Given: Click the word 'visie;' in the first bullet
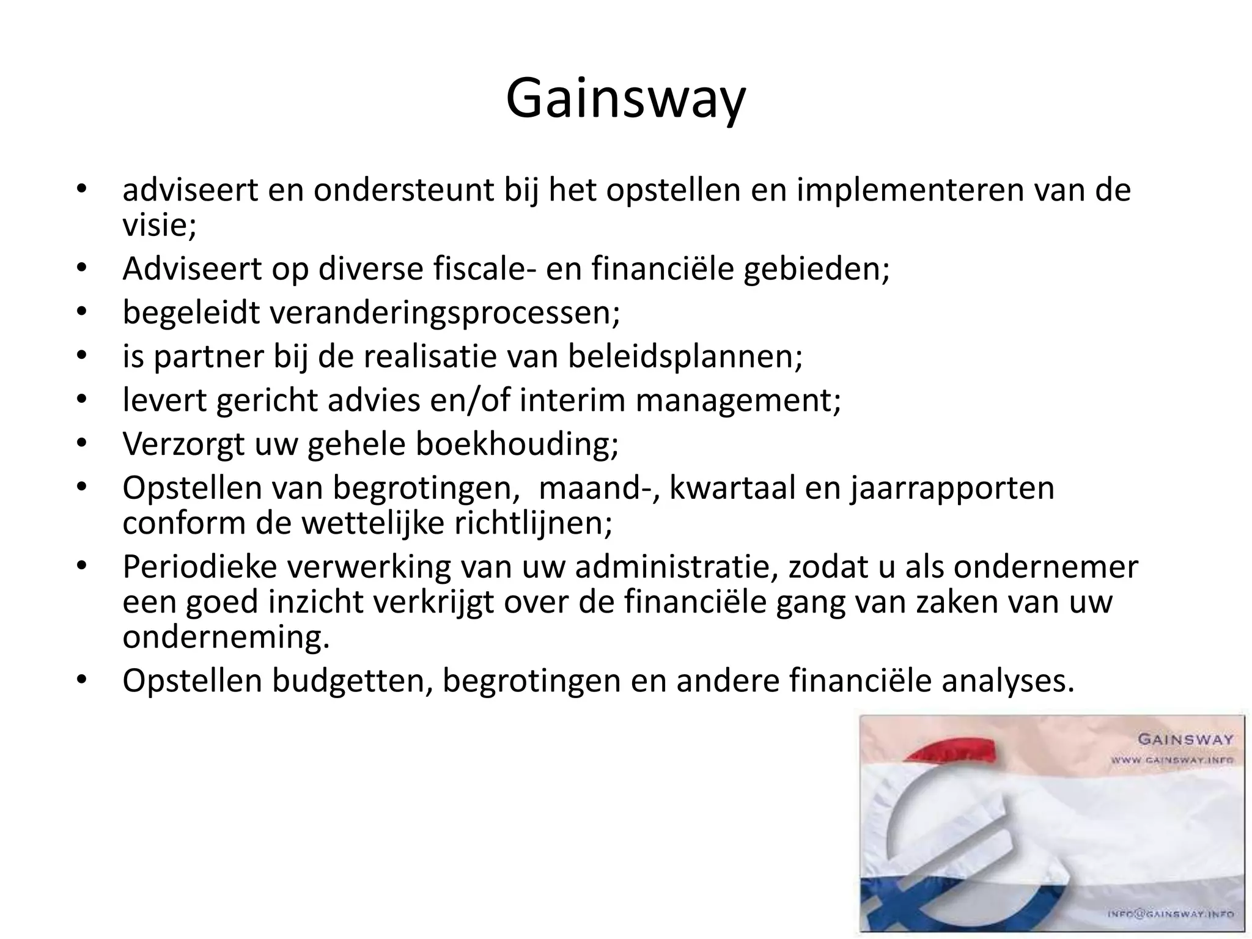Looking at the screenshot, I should [x=160, y=226].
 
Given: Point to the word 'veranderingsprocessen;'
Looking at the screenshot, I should [x=372, y=313].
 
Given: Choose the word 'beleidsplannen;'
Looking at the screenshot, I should [x=685, y=357].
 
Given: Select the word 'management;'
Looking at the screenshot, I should [x=738, y=401].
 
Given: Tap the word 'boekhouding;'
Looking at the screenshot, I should [x=517, y=444].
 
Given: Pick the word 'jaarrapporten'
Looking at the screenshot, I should [x=952, y=488].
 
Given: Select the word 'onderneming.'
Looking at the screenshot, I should [x=226, y=638].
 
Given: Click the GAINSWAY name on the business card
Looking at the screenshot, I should [x=1185, y=739].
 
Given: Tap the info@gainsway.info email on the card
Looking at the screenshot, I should [x=1171, y=914].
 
